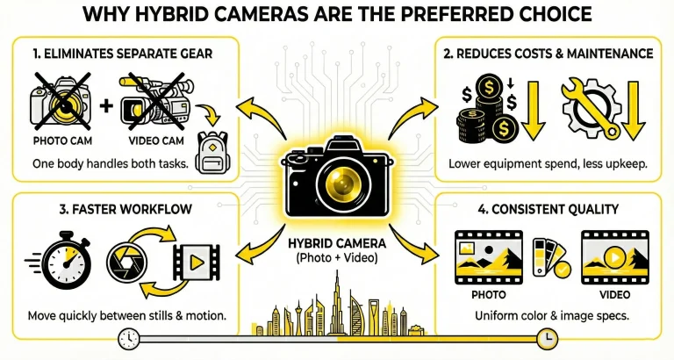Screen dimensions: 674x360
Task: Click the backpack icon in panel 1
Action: tap(212, 152)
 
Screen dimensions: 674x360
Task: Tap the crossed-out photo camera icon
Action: tap(61, 102)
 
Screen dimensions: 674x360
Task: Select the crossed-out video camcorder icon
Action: tap(156, 102)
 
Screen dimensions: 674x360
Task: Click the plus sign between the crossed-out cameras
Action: tap(106, 105)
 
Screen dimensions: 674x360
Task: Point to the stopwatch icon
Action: tap(63, 259)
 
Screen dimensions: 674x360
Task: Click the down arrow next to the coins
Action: tap(533, 111)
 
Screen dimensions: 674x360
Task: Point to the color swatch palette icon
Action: tap(551, 257)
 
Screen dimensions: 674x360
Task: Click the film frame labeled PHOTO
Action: tap(489, 257)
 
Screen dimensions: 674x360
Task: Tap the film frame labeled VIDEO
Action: tap(615, 257)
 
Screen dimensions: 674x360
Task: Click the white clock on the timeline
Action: tap(129, 339)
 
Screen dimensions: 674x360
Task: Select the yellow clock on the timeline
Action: tap(548, 339)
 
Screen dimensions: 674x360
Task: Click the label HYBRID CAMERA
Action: tap(337, 243)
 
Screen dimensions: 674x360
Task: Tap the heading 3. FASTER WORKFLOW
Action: tap(125, 210)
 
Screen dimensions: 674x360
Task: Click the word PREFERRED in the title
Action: tap(448, 14)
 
